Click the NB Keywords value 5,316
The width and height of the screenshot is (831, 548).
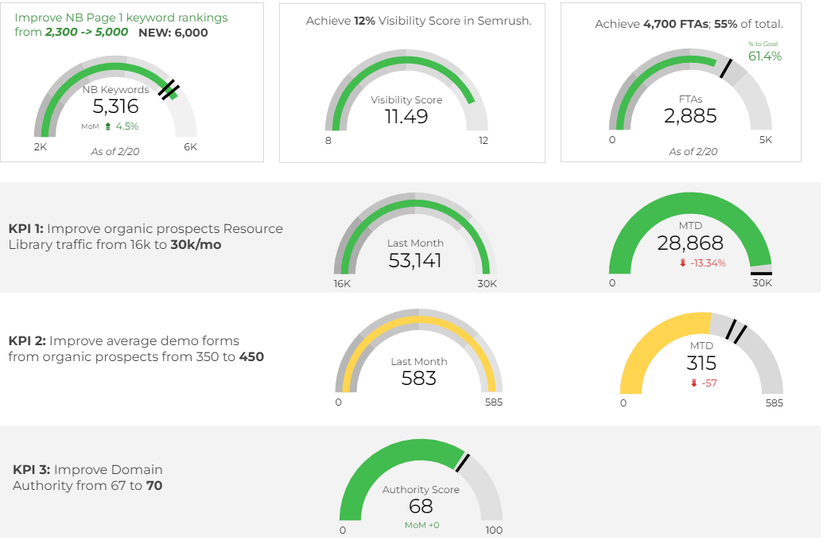pyautogui.click(x=115, y=107)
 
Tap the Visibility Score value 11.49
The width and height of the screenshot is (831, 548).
pyautogui.click(x=406, y=117)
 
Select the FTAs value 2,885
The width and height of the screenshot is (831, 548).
pyautogui.click(x=690, y=116)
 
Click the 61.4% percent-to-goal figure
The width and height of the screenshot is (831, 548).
pyautogui.click(x=765, y=56)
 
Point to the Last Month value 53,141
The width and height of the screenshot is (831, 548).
pyautogui.click(x=415, y=260)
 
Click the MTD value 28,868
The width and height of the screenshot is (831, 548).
pyautogui.click(x=689, y=243)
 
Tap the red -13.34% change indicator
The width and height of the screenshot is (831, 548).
pyautogui.click(x=702, y=263)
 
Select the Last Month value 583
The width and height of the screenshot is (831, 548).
pyautogui.click(x=419, y=379)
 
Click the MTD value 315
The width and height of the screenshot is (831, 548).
pyautogui.click(x=701, y=363)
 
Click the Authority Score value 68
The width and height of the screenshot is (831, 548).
pyautogui.click(x=421, y=507)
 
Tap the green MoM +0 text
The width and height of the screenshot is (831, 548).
pyautogui.click(x=421, y=525)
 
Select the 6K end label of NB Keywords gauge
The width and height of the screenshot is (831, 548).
pyautogui.click(x=190, y=146)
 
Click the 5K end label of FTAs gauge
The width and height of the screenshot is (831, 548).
pyautogui.click(x=765, y=140)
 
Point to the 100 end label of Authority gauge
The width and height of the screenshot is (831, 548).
pyautogui.click(x=494, y=530)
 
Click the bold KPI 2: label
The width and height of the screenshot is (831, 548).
pyautogui.click(x=29, y=340)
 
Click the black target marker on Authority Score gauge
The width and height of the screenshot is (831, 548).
pyautogui.click(x=463, y=462)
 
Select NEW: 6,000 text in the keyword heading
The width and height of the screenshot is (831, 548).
pyautogui.click(x=173, y=33)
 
